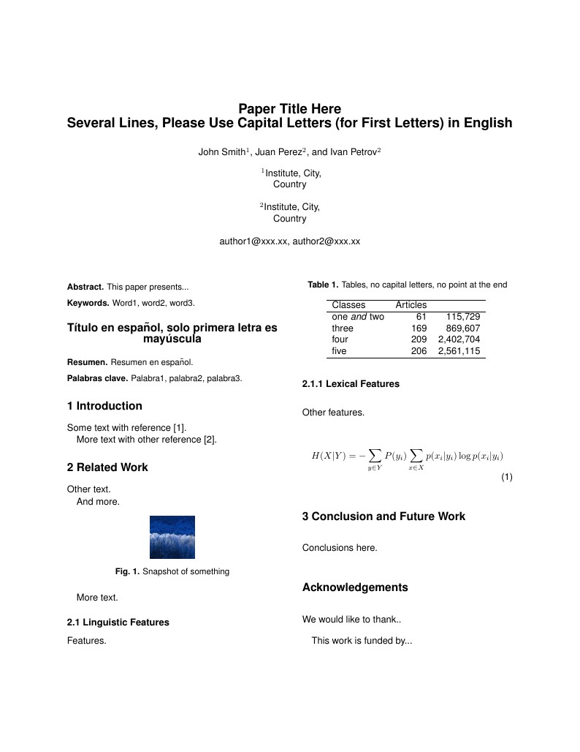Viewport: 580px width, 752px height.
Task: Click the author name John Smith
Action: click(x=222, y=152)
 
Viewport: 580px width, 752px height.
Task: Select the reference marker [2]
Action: click(x=210, y=440)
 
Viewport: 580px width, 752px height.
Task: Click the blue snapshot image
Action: click(x=172, y=538)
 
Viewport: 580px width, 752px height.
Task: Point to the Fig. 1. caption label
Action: click(x=127, y=571)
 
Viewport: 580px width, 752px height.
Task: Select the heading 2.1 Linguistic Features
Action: click(x=118, y=623)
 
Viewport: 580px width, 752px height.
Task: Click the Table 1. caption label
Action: click(x=323, y=285)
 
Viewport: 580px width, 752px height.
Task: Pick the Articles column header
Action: click(x=411, y=304)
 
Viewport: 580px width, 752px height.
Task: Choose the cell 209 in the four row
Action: click(x=419, y=339)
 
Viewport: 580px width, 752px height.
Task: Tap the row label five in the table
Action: click(x=340, y=351)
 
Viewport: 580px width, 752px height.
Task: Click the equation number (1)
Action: click(x=507, y=478)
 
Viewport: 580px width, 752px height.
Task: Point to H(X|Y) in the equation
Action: click(x=328, y=456)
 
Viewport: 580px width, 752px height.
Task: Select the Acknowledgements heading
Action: click(x=355, y=587)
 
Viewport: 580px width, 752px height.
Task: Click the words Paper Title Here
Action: click(x=289, y=109)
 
